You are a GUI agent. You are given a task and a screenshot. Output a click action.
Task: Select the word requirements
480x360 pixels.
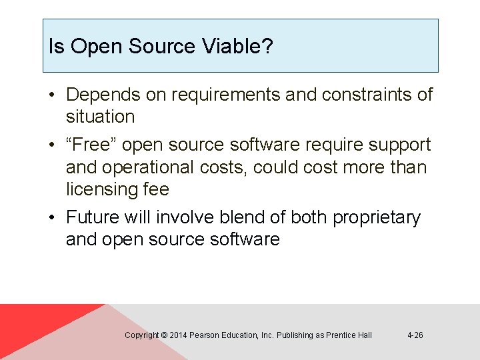[226, 95]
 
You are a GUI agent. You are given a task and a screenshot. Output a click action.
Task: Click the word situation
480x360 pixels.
[100, 117]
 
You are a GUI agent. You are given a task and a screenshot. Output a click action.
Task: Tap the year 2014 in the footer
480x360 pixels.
[178, 335]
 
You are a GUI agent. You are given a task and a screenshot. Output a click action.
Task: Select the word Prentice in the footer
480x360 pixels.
[341, 335]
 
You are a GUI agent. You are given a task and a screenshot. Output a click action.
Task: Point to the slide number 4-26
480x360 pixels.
[415, 335]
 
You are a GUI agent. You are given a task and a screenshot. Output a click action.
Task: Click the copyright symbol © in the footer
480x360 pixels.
[165, 335]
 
